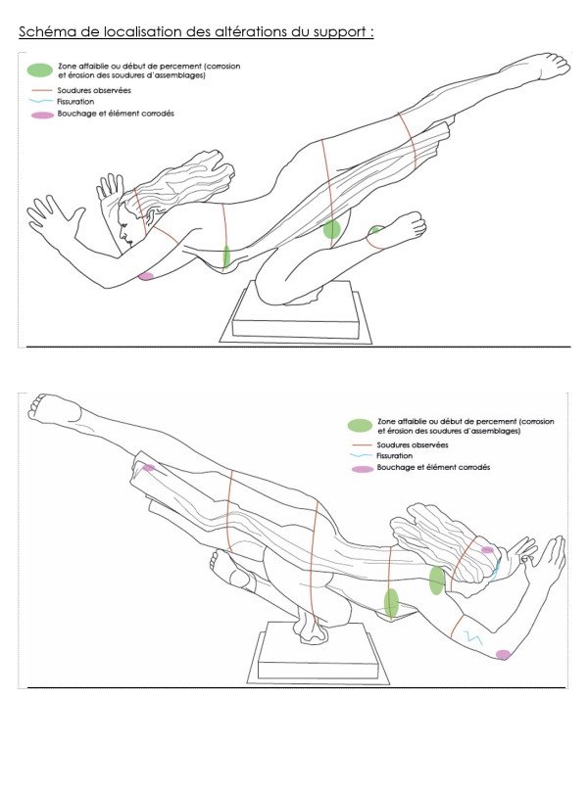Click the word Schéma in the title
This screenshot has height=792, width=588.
tap(44, 32)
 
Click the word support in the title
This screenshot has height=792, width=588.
tap(332, 32)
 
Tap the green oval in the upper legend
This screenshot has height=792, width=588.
tap(40, 70)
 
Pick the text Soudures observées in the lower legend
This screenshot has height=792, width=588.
tap(413, 444)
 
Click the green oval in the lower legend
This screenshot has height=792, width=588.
tap(360, 425)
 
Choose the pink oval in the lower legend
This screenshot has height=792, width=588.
tap(360, 468)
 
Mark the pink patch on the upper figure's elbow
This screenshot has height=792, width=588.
tap(147, 276)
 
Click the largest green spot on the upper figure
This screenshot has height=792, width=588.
tap(332, 229)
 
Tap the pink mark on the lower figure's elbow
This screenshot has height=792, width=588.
tap(503, 654)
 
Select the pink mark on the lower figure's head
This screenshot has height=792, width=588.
tap(487, 550)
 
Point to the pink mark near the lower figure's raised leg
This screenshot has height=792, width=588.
tap(148, 468)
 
